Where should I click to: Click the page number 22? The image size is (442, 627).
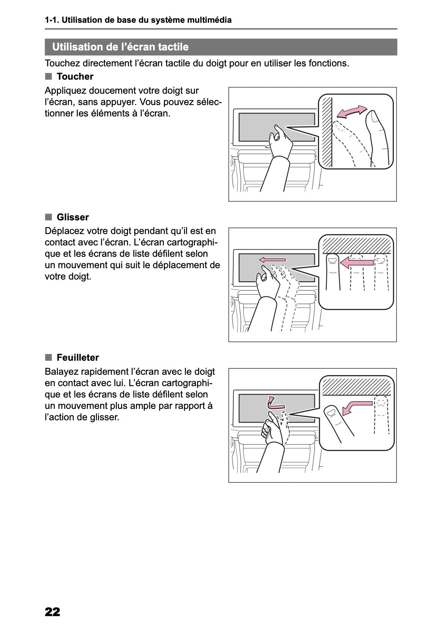point(52,611)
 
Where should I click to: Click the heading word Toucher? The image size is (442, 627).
point(75,77)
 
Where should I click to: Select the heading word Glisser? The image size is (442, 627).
point(72,217)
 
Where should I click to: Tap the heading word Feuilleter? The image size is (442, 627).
point(77,358)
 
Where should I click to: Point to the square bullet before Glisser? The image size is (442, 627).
point(48,217)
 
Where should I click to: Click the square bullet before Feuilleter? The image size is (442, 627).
point(48,357)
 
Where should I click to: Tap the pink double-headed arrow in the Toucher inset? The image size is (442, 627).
point(352,112)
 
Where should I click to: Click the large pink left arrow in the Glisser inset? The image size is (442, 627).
point(357,262)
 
